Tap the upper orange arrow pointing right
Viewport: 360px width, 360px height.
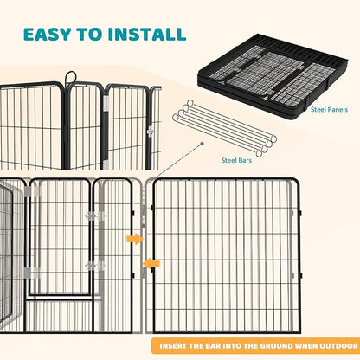click(135, 238)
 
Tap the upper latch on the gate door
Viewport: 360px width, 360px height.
click(91, 216)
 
